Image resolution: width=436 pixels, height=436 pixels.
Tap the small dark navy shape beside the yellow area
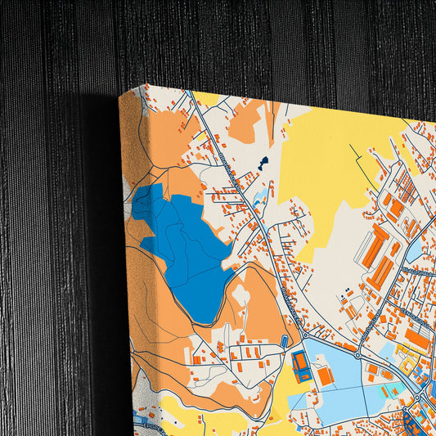pyautogui.click(x=263, y=163)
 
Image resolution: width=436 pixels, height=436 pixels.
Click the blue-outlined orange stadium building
pyautogui.click(x=302, y=366)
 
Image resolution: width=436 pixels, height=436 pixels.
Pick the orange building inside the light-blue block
pyautogui.click(x=325, y=375)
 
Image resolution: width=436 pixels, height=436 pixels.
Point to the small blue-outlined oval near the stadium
pyautogui.click(x=285, y=340)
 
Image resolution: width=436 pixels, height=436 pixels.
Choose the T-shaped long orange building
pyautogui.click(x=378, y=245)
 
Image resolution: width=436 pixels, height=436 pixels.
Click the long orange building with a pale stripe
pyautogui.click(x=381, y=273)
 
